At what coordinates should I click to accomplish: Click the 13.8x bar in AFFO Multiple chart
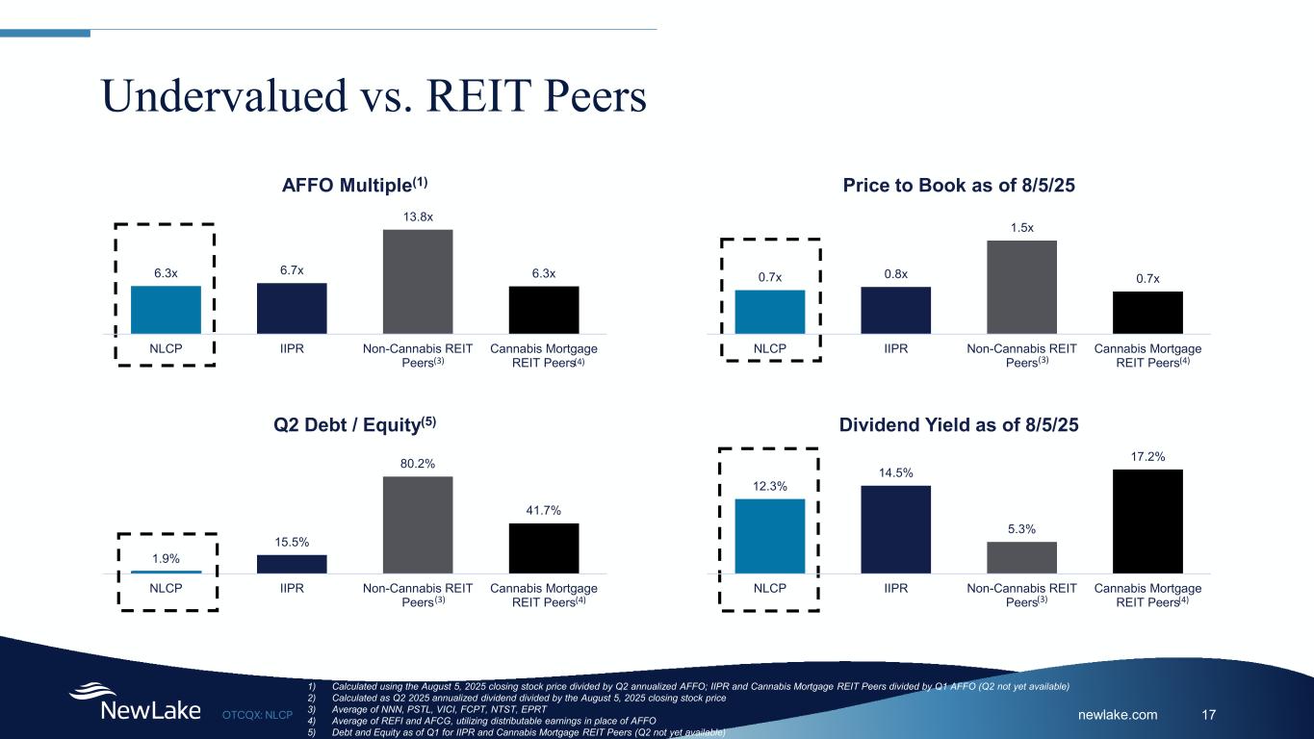pyautogui.click(x=418, y=282)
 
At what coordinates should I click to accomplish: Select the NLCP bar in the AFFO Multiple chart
pyautogui.click(x=166, y=310)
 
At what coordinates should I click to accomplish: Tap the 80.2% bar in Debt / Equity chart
pyautogui.click(x=418, y=525)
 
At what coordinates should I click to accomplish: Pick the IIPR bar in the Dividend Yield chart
pyautogui.click(x=896, y=529)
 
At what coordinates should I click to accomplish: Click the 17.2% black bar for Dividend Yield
pyautogui.click(x=1147, y=522)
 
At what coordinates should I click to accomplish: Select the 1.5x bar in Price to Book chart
pyautogui.click(x=1022, y=288)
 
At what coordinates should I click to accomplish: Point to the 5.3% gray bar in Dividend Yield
pyautogui.click(x=1022, y=558)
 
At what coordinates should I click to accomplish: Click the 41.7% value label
pyautogui.click(x=543, y=510)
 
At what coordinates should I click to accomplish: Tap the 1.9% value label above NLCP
pyautogui.click(x=166, y=558)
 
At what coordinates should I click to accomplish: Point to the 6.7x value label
pyautogui.click(x=292, y=270)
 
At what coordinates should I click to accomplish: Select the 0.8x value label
pyautogui.click(x=896, y=274)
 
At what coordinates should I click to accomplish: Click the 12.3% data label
pyautogui.click(x=770, y=486)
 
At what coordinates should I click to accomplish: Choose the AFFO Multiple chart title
pyautogui.click(x=355, y=185)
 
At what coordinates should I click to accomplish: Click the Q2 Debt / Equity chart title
pyautogui.click(x=355, y=424)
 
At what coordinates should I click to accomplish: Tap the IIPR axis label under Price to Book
pyautogui.click(x=896, y=348)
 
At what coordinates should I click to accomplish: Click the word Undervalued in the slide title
pyautogui.click(x=224, y=95)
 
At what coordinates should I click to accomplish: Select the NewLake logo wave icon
pyautogui.click(x=92, y=691)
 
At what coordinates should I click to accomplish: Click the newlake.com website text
pyautogui.click(x=1118, y=714)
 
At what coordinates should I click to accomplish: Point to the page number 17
pyautogui.click(x=1208, y=714)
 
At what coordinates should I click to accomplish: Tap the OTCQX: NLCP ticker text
pyautogui.click(x=257, y=715)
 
